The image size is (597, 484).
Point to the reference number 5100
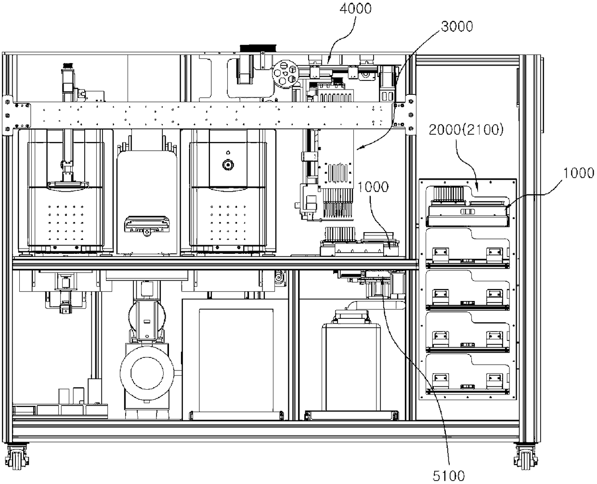(448, 475)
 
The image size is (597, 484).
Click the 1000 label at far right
(578, 173)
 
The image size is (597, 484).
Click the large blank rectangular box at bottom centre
(236, 359)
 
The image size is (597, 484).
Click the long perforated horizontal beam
(207, 115)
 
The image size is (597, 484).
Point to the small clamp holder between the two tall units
(146, 225)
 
